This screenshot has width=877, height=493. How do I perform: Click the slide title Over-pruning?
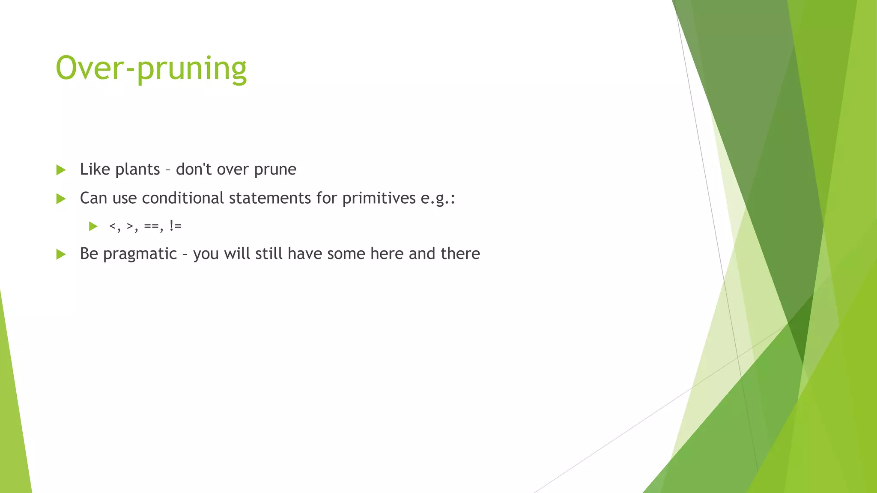point(151,68)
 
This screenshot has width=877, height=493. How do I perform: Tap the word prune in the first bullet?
point(275,170)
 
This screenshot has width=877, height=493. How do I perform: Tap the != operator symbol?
point(175,226)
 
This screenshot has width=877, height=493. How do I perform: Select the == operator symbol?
point(152,226)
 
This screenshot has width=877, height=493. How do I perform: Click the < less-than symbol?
point(113,226)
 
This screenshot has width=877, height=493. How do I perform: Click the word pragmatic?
point(140,254)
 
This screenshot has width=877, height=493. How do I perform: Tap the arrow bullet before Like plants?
point(61,170)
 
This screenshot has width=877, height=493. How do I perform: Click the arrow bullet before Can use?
point(61,199)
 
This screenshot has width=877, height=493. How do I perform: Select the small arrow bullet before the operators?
point(93,226)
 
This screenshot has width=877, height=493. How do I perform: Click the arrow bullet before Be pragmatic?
point(61,254)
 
